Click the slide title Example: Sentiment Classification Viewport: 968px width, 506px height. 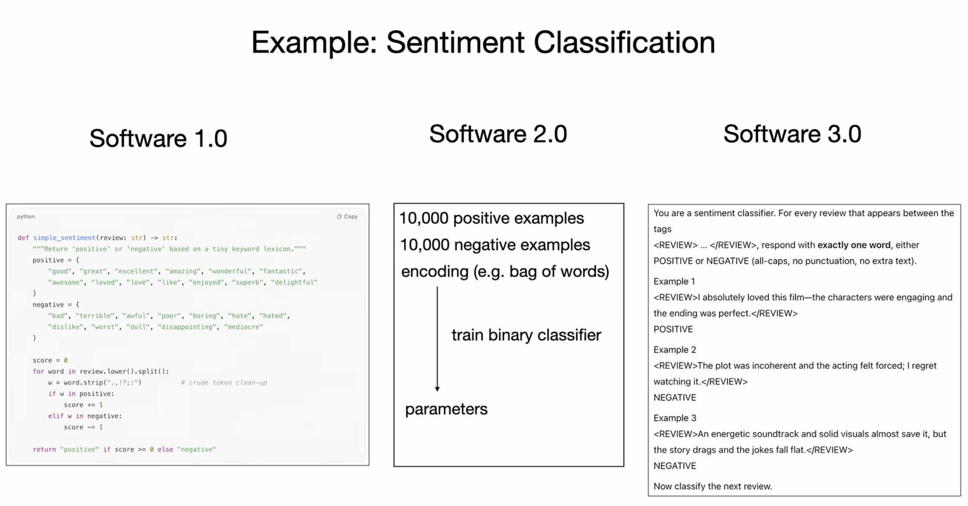483,43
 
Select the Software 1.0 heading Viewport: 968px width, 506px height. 158,138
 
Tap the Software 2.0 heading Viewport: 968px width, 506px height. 498,134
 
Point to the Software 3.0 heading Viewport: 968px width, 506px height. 792,134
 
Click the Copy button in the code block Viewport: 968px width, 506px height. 347,216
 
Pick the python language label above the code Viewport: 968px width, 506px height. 26,216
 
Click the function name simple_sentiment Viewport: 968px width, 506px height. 64,238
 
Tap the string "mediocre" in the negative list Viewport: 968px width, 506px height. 243,327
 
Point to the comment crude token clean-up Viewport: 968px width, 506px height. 224,383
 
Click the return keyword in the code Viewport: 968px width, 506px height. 45,449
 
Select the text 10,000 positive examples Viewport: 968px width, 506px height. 492,218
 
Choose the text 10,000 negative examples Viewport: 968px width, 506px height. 495,245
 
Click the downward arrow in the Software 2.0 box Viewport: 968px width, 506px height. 437,339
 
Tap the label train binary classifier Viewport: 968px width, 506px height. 527,335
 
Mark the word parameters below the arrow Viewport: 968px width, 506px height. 446,410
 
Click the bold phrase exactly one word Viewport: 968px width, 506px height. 854,245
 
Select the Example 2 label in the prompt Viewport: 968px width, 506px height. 675,350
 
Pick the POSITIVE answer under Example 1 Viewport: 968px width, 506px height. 673,329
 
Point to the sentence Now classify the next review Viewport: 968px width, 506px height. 713,486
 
